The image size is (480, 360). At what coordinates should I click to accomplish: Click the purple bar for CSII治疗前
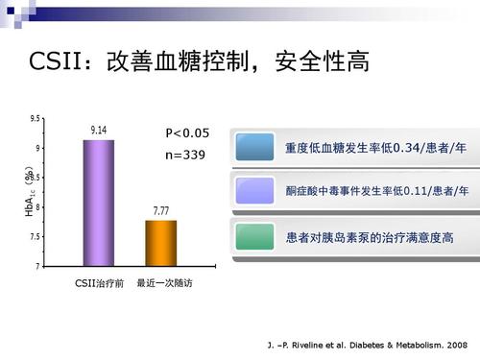coord(98,203)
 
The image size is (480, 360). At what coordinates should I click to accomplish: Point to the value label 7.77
coord(160,209)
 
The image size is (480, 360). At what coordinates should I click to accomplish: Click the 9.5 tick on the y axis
coord(35,119)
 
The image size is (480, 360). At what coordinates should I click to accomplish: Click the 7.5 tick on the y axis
coord(35,237)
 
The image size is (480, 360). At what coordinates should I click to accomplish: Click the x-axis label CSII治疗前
coord(99,284)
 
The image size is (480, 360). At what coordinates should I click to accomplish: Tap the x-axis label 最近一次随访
coord(163,284)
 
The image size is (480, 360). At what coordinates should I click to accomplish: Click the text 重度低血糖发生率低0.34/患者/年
coord(376,149)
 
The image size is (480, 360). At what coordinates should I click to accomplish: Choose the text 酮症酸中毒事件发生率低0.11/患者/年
coord(376,192)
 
